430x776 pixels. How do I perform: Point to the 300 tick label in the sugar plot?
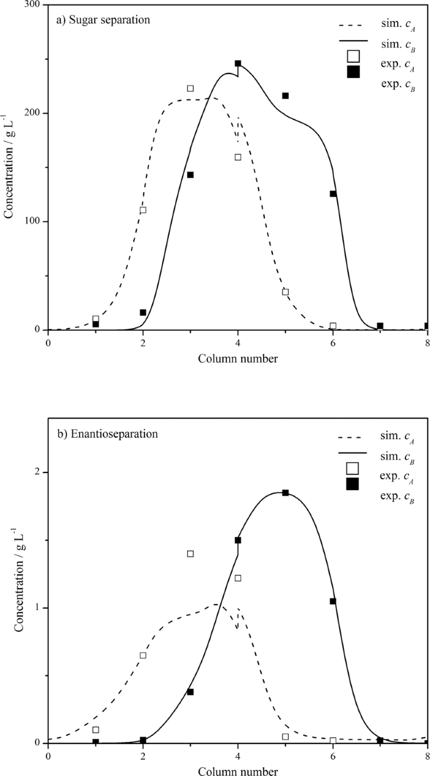(32, 5)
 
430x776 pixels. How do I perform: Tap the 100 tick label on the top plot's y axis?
(32, 222)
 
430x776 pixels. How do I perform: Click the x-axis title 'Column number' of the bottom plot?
(238, 770)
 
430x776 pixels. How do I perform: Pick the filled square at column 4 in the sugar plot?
(238, 63)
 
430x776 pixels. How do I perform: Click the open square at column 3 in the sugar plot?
(190, 89)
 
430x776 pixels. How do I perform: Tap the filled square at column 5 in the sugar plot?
(285, 96)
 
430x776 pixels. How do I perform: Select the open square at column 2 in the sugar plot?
(143, 210)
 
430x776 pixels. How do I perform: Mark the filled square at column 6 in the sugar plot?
(333, 194)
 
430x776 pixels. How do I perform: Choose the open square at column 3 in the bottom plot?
(190, 554)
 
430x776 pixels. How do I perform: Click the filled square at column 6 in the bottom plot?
(333, 601)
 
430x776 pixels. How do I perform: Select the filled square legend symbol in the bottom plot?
(353, 484)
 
